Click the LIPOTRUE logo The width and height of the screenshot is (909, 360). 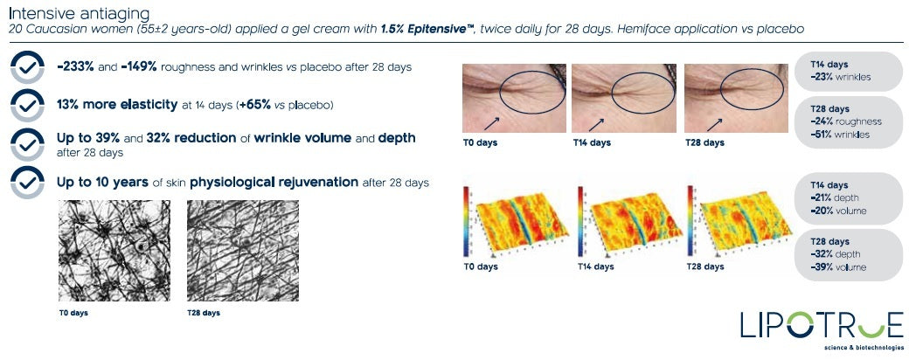pyautogui.click(x=821, y=330)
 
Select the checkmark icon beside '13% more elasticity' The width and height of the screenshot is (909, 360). pyautogui.click(x=27, y=105)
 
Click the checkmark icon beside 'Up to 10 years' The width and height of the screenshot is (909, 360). pyautogui.click(x=27, y=182)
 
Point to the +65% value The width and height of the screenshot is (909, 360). pyautogui.click(x=255, y=105)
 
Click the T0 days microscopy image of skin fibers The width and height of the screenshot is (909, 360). pyautogui.click(x=114, y=251)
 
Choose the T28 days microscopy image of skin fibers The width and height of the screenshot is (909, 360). pyautogui.click(x=243, y=251)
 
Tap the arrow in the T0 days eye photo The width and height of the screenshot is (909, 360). pyautogui.click(x=490, y=122)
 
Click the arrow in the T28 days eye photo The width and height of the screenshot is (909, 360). pyautogui.click(x=713, y=122)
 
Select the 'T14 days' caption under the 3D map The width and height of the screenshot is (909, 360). pyautogui.click(x=596, y=267)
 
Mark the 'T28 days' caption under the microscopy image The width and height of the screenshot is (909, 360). pyautogui.click(x=204, y=313)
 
